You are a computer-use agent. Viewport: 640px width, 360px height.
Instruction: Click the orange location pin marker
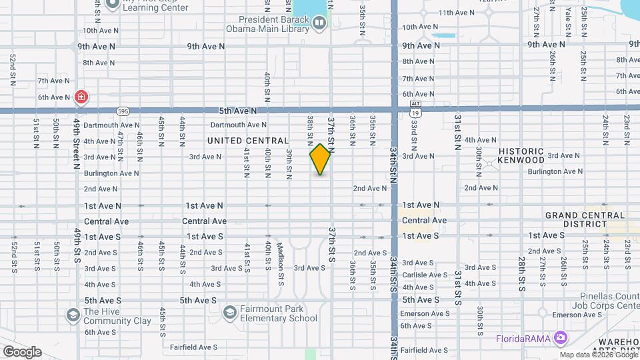(321, 159)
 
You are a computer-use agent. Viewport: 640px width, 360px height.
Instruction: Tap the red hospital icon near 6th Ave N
(81, 97)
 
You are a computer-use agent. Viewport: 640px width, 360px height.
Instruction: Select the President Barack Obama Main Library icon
(319, 24)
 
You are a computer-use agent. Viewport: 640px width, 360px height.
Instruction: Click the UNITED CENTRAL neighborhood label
(248, 141)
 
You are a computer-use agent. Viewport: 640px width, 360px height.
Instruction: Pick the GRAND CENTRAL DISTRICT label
(585, 219)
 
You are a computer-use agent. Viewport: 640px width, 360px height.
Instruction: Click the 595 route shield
(122, 111)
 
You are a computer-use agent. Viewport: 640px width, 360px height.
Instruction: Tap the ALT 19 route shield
(415, 109)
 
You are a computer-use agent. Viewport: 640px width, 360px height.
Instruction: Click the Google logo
(22, 351)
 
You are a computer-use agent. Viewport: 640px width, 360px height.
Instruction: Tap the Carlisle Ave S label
(424, 274)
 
